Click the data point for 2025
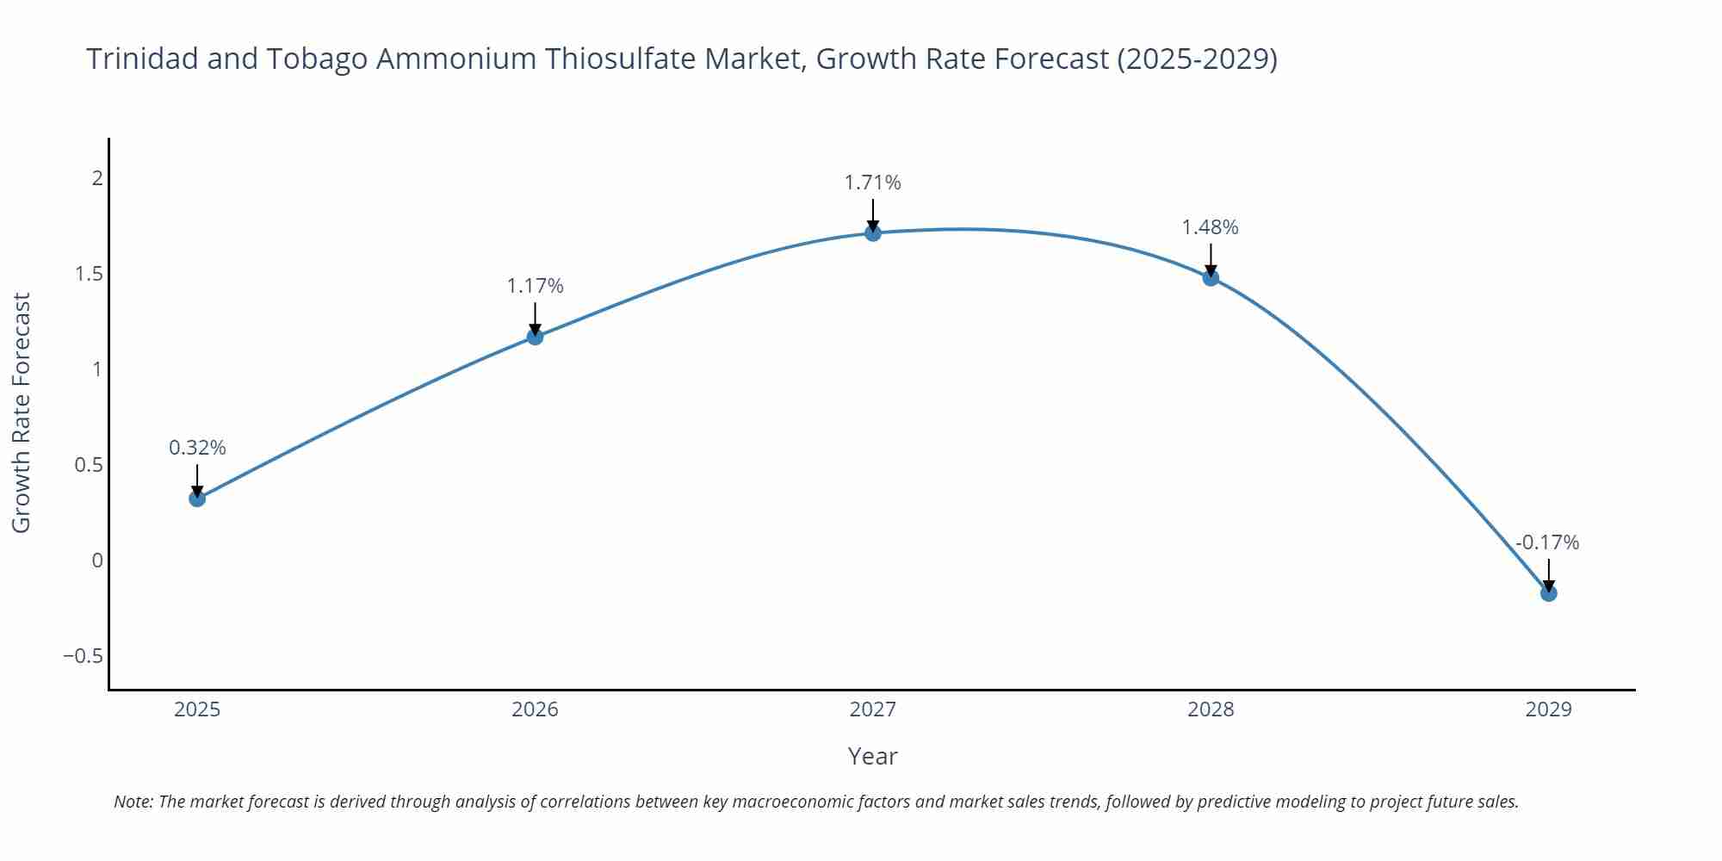[x=197, y=499]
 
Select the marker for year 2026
[x=535, y=337]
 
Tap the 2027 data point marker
[x=872, y=233]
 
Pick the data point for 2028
[x=1211, y=277]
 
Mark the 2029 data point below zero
[x=1548, y=593]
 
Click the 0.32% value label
[x=197, y=448]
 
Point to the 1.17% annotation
[x=535, y=286]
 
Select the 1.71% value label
[x=872, y=183]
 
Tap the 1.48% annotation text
[x=1210, y=227]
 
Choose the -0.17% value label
[x=1547, y=542]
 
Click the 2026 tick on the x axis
[x=535, y=709]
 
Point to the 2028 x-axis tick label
[x=1211, y=709]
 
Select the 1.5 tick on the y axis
[x=89, y=274]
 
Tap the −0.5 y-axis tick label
[x=83, y=656]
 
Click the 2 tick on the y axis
[x=97, y=178]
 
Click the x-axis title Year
[x=872, y=756]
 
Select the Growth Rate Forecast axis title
[x=22, y=412]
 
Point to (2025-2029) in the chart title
[x=1197, y=59]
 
